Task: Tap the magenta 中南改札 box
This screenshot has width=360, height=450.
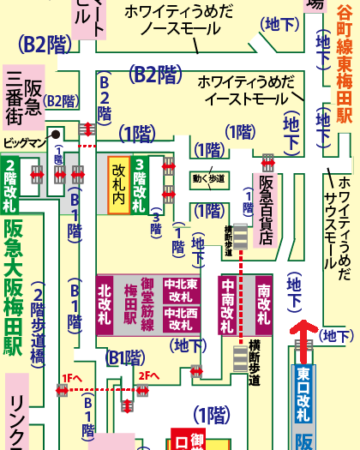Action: point(229,307)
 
